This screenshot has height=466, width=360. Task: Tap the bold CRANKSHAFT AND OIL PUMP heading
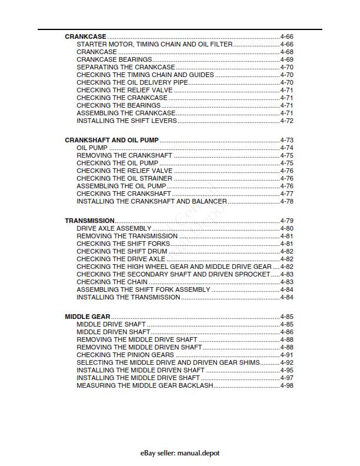pyautogui.click(x=112, y=140)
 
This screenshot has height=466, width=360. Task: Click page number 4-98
pyautogui.click(x=286, y=386)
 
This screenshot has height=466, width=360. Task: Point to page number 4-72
pyautogui.click(x=286, y=121)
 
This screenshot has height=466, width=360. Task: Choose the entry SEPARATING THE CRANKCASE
pyautogui.click(x=126, y=67)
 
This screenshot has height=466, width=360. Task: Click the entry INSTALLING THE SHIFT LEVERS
pyautogui.click(x=126, y=121)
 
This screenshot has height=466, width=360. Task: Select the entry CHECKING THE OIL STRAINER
pyautogui.click(x=124, y=178)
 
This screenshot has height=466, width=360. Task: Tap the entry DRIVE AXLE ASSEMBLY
pyautogui.click(x=114, y=228)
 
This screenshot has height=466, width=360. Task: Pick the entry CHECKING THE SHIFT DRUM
pyautogui.click(x=122, y=251)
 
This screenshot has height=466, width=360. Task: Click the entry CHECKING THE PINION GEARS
pyautogui.click(x=125, y=355)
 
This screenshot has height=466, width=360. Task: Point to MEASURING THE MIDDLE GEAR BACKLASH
pyautogui.click(x=145, y=386)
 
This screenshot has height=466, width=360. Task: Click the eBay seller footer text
pyautogui.click(x=180, y=453)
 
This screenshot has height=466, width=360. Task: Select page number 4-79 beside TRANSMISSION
pyautogui.click(x=286, y=221)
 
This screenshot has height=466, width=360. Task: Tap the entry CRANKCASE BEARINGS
pyautogui.click(x=114, y=59)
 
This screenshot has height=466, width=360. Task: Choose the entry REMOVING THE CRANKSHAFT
pyautogui.click(x=125, y=155)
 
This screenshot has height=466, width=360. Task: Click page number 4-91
pyautogui.click(x=286, y=355)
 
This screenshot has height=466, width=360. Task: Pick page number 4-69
pyautogui.click(x=286, y=59)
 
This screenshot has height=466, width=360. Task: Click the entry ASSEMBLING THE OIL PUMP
pyautogui.click(x=121, y=186)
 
